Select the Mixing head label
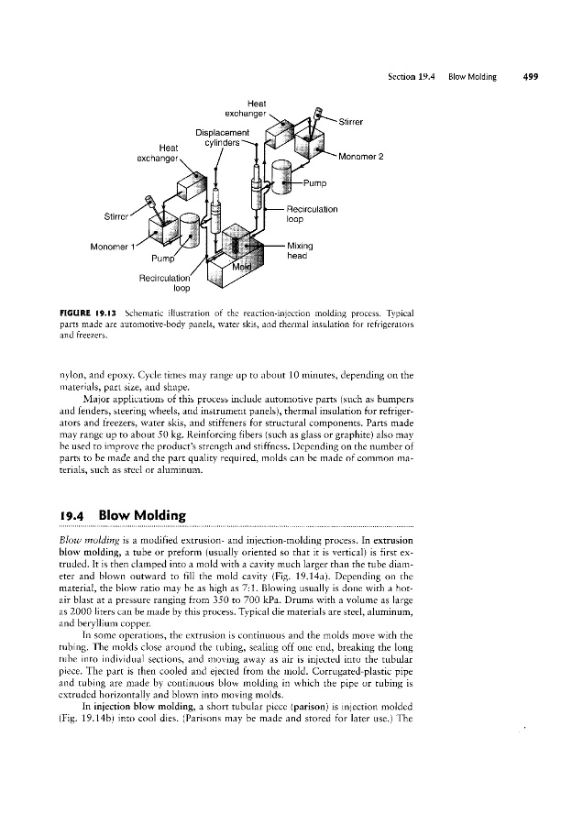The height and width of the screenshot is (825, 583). point(301,251)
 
